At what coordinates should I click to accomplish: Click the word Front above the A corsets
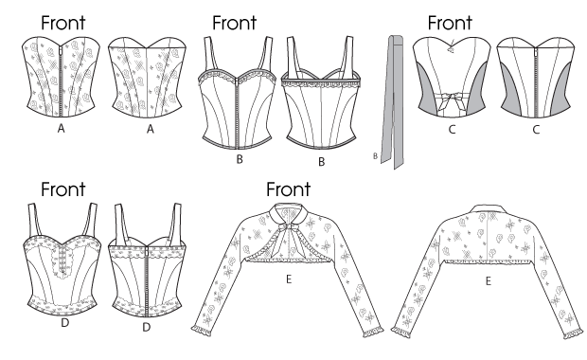[62, 23]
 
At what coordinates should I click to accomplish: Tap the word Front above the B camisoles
[235, 23]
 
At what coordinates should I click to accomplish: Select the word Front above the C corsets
[450, 23]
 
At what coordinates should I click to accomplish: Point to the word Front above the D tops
[62, 189]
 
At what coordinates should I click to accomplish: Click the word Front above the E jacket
[288, 189]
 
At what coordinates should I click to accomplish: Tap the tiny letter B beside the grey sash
[375, 156]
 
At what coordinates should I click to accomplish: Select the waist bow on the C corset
[452, 101]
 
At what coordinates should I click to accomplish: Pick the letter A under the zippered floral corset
[61, 129]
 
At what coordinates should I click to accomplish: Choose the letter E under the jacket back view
[489, 281]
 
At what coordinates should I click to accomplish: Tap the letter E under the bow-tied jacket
[288, 279]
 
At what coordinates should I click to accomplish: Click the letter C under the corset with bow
[452, 130]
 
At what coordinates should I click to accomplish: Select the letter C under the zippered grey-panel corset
[536, 130]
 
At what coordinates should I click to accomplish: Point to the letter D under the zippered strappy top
[147, 327]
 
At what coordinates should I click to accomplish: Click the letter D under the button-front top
[64, 322]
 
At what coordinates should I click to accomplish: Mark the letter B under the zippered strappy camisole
[240, 159]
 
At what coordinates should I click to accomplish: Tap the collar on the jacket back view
[488, 208]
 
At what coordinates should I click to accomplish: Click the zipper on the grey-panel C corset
[536, 81]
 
